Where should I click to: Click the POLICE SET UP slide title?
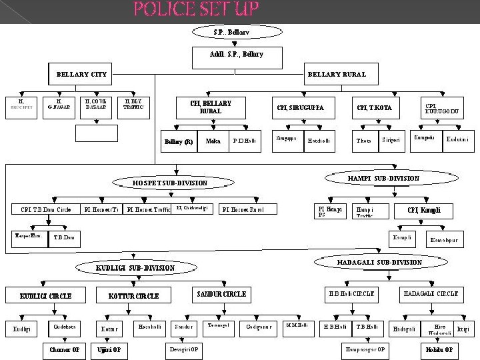[196, 9]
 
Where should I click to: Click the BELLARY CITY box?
[82, 74]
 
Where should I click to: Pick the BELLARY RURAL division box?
[336, 74]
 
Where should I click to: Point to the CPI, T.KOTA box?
[374, 107]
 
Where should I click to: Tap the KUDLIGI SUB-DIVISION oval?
[135, 267]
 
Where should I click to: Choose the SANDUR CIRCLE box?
[221, 294]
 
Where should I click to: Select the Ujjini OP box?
[109, 349]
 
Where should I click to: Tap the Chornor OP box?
[65, 349]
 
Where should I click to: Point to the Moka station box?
[213, 141]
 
